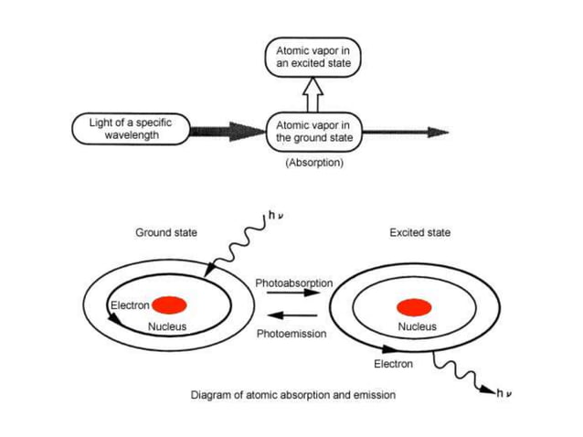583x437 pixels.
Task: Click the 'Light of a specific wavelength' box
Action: pos(128,129)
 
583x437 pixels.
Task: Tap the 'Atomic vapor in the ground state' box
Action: pos(313,131)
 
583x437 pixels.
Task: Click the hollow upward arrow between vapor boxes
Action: pos(313,95)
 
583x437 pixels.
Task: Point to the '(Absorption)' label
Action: pos(313,163)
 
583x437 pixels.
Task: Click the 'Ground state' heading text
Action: pos(166,233)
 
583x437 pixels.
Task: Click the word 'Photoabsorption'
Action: pos(293,283)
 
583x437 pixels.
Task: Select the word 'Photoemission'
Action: pos(291,334)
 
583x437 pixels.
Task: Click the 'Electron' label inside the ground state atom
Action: pos(129,304)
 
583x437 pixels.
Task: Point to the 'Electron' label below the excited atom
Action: pos(393,364)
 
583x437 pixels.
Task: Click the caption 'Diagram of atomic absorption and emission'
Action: pos(292,396)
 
